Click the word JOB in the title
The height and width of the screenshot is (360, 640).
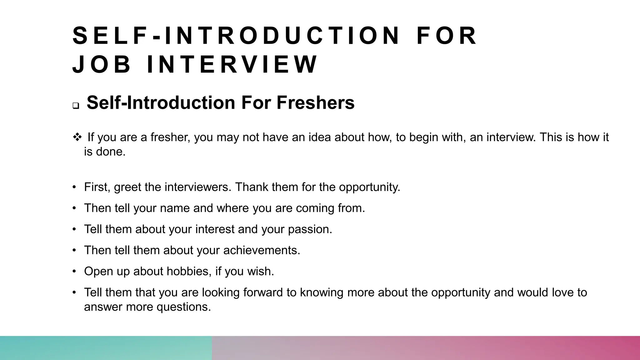coord(101,64)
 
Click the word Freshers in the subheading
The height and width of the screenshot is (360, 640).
coord(315,102)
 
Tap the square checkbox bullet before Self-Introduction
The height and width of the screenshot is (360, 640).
coord(76,106)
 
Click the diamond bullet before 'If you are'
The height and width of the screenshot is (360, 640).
coord(77,137)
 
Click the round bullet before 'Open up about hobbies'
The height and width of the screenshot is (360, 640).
coord(74,271)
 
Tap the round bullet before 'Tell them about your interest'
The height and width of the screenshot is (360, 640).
coord(74,229)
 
